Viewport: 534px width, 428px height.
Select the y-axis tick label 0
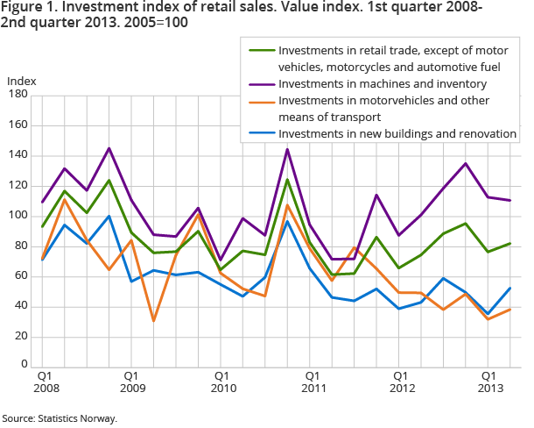tap(24, 361)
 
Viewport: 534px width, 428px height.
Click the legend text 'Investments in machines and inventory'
tap(383, 83)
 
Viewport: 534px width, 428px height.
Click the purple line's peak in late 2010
tap(288, 149)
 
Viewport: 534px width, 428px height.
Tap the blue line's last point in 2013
tap(511, 289)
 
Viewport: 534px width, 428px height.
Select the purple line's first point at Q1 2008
tap(42, 203)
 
